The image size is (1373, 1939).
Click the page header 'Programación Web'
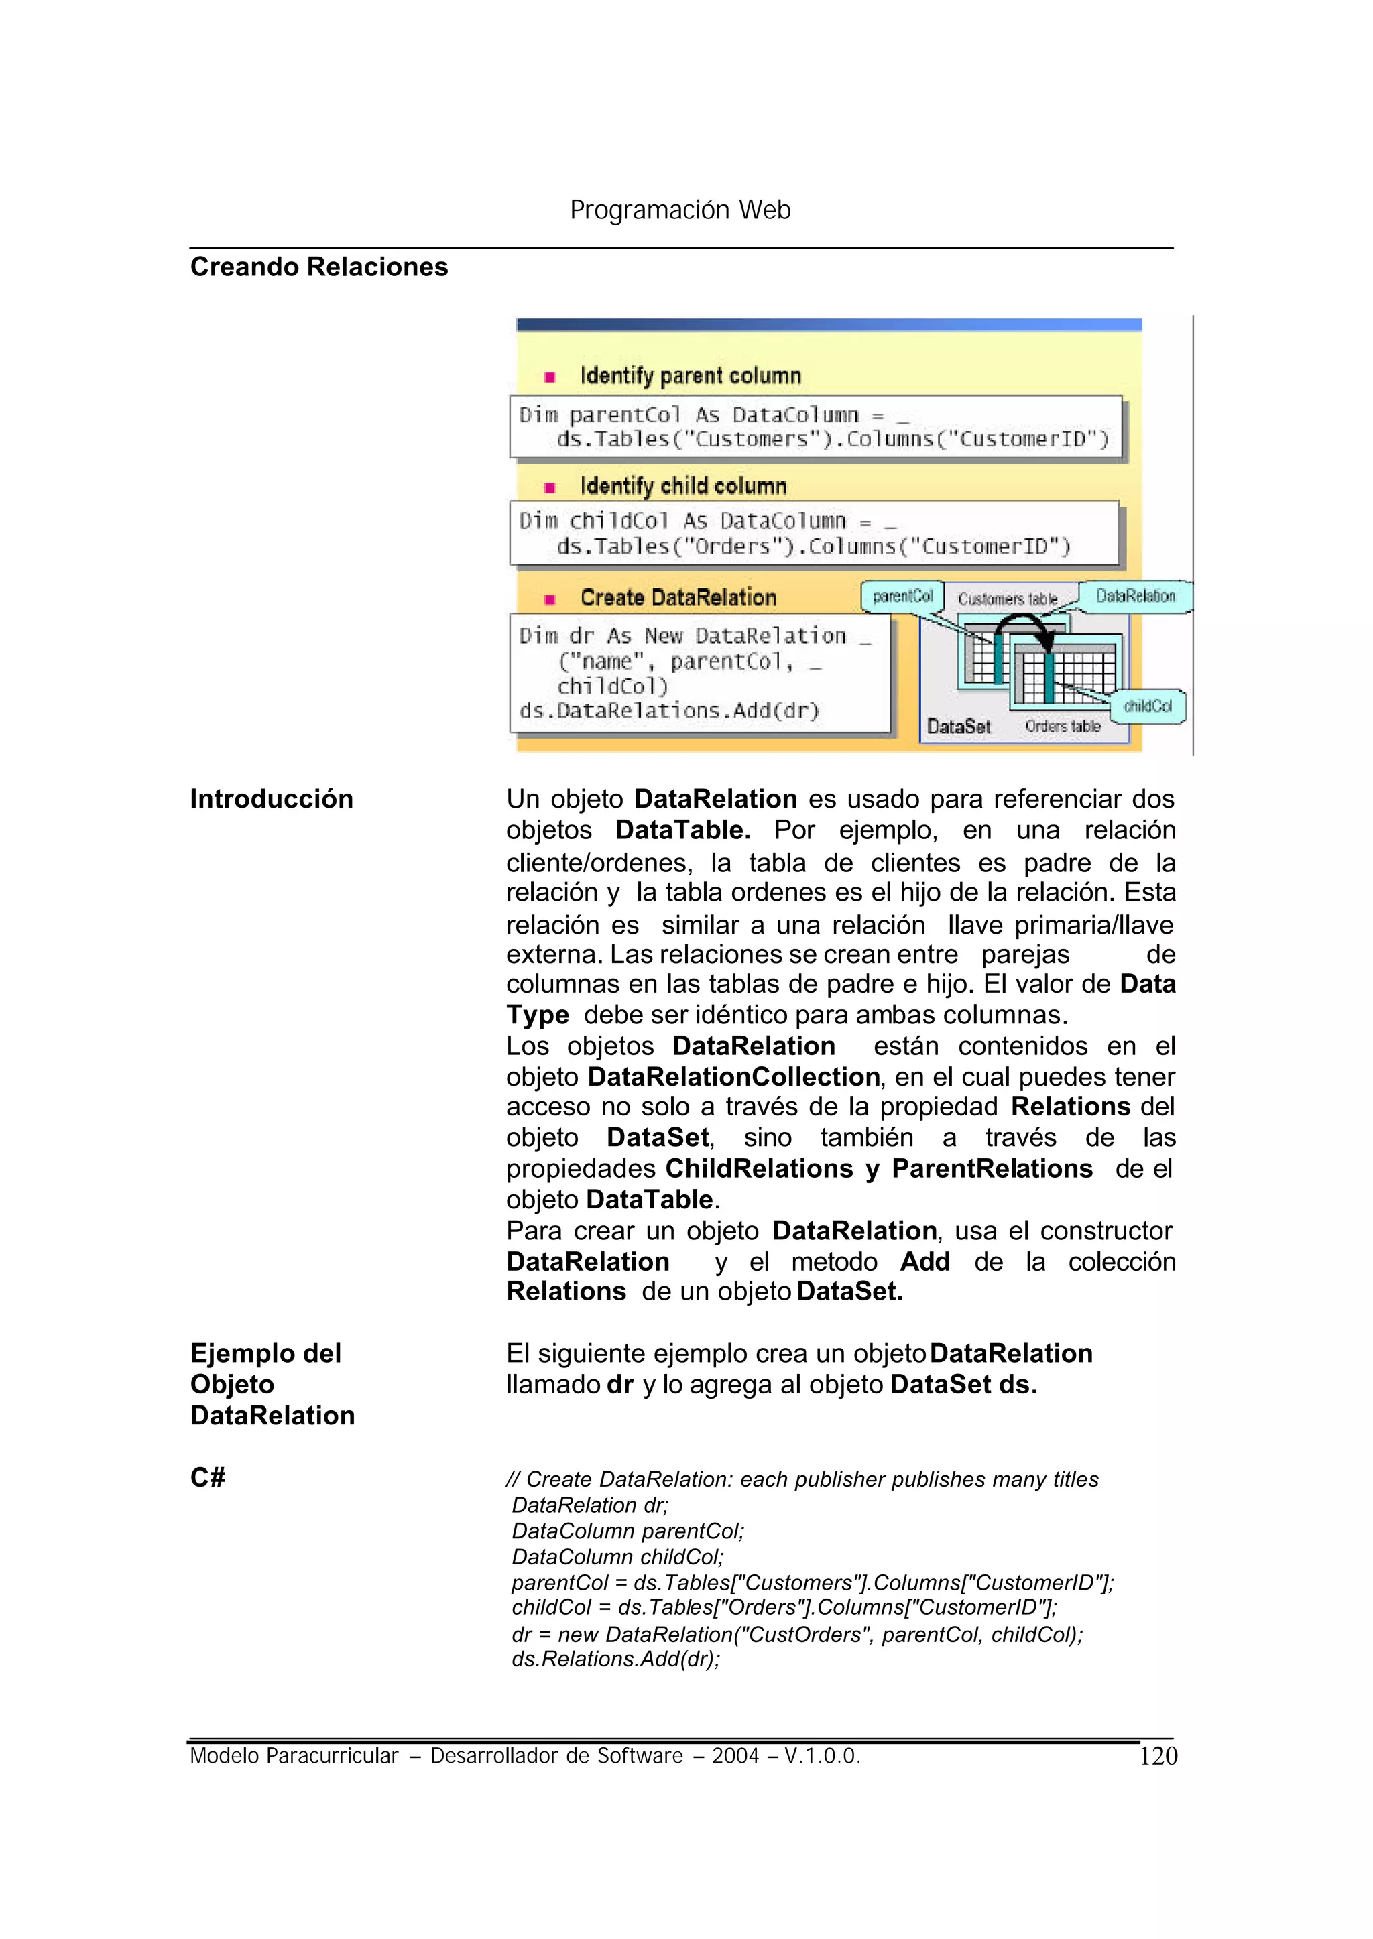coord(680,210)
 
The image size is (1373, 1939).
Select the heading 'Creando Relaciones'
coord(318,267)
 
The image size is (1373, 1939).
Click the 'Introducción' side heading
coord(272,799)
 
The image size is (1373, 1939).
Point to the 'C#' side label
coord(208,1477)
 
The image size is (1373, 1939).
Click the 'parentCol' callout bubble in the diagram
coord(902,596)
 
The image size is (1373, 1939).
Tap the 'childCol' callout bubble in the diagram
coord(1147,706)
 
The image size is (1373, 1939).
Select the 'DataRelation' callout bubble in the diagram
coord(1136,596)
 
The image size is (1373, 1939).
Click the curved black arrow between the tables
coord(1022,625)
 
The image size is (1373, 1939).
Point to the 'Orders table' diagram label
coord(1063,726)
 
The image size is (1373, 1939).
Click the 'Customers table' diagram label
coord(1007,599)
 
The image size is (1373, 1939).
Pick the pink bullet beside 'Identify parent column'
coord(550,377)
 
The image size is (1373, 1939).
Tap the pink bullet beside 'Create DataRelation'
coord(550,599)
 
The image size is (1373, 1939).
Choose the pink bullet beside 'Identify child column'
coord(550,488)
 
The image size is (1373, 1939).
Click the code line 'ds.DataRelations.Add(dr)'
coord(669,711)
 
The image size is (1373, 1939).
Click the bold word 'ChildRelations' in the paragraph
coord(758,1168)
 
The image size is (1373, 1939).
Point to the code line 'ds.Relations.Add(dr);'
coord(615,1660)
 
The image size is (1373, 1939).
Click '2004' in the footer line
coord(735,1757)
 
